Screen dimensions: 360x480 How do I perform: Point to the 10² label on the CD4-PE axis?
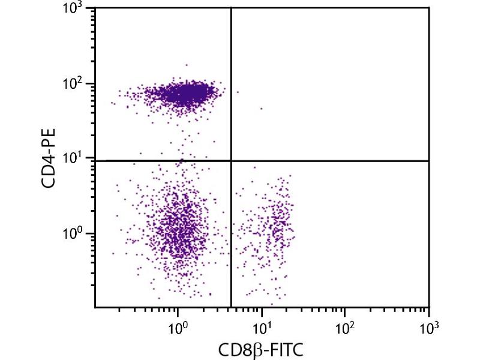(x=76, y=85)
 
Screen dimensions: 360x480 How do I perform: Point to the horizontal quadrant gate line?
(x=330, y=161)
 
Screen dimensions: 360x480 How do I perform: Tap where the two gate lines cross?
(x=231, y=161)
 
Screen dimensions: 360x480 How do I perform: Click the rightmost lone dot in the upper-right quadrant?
(x=261, y=109)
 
